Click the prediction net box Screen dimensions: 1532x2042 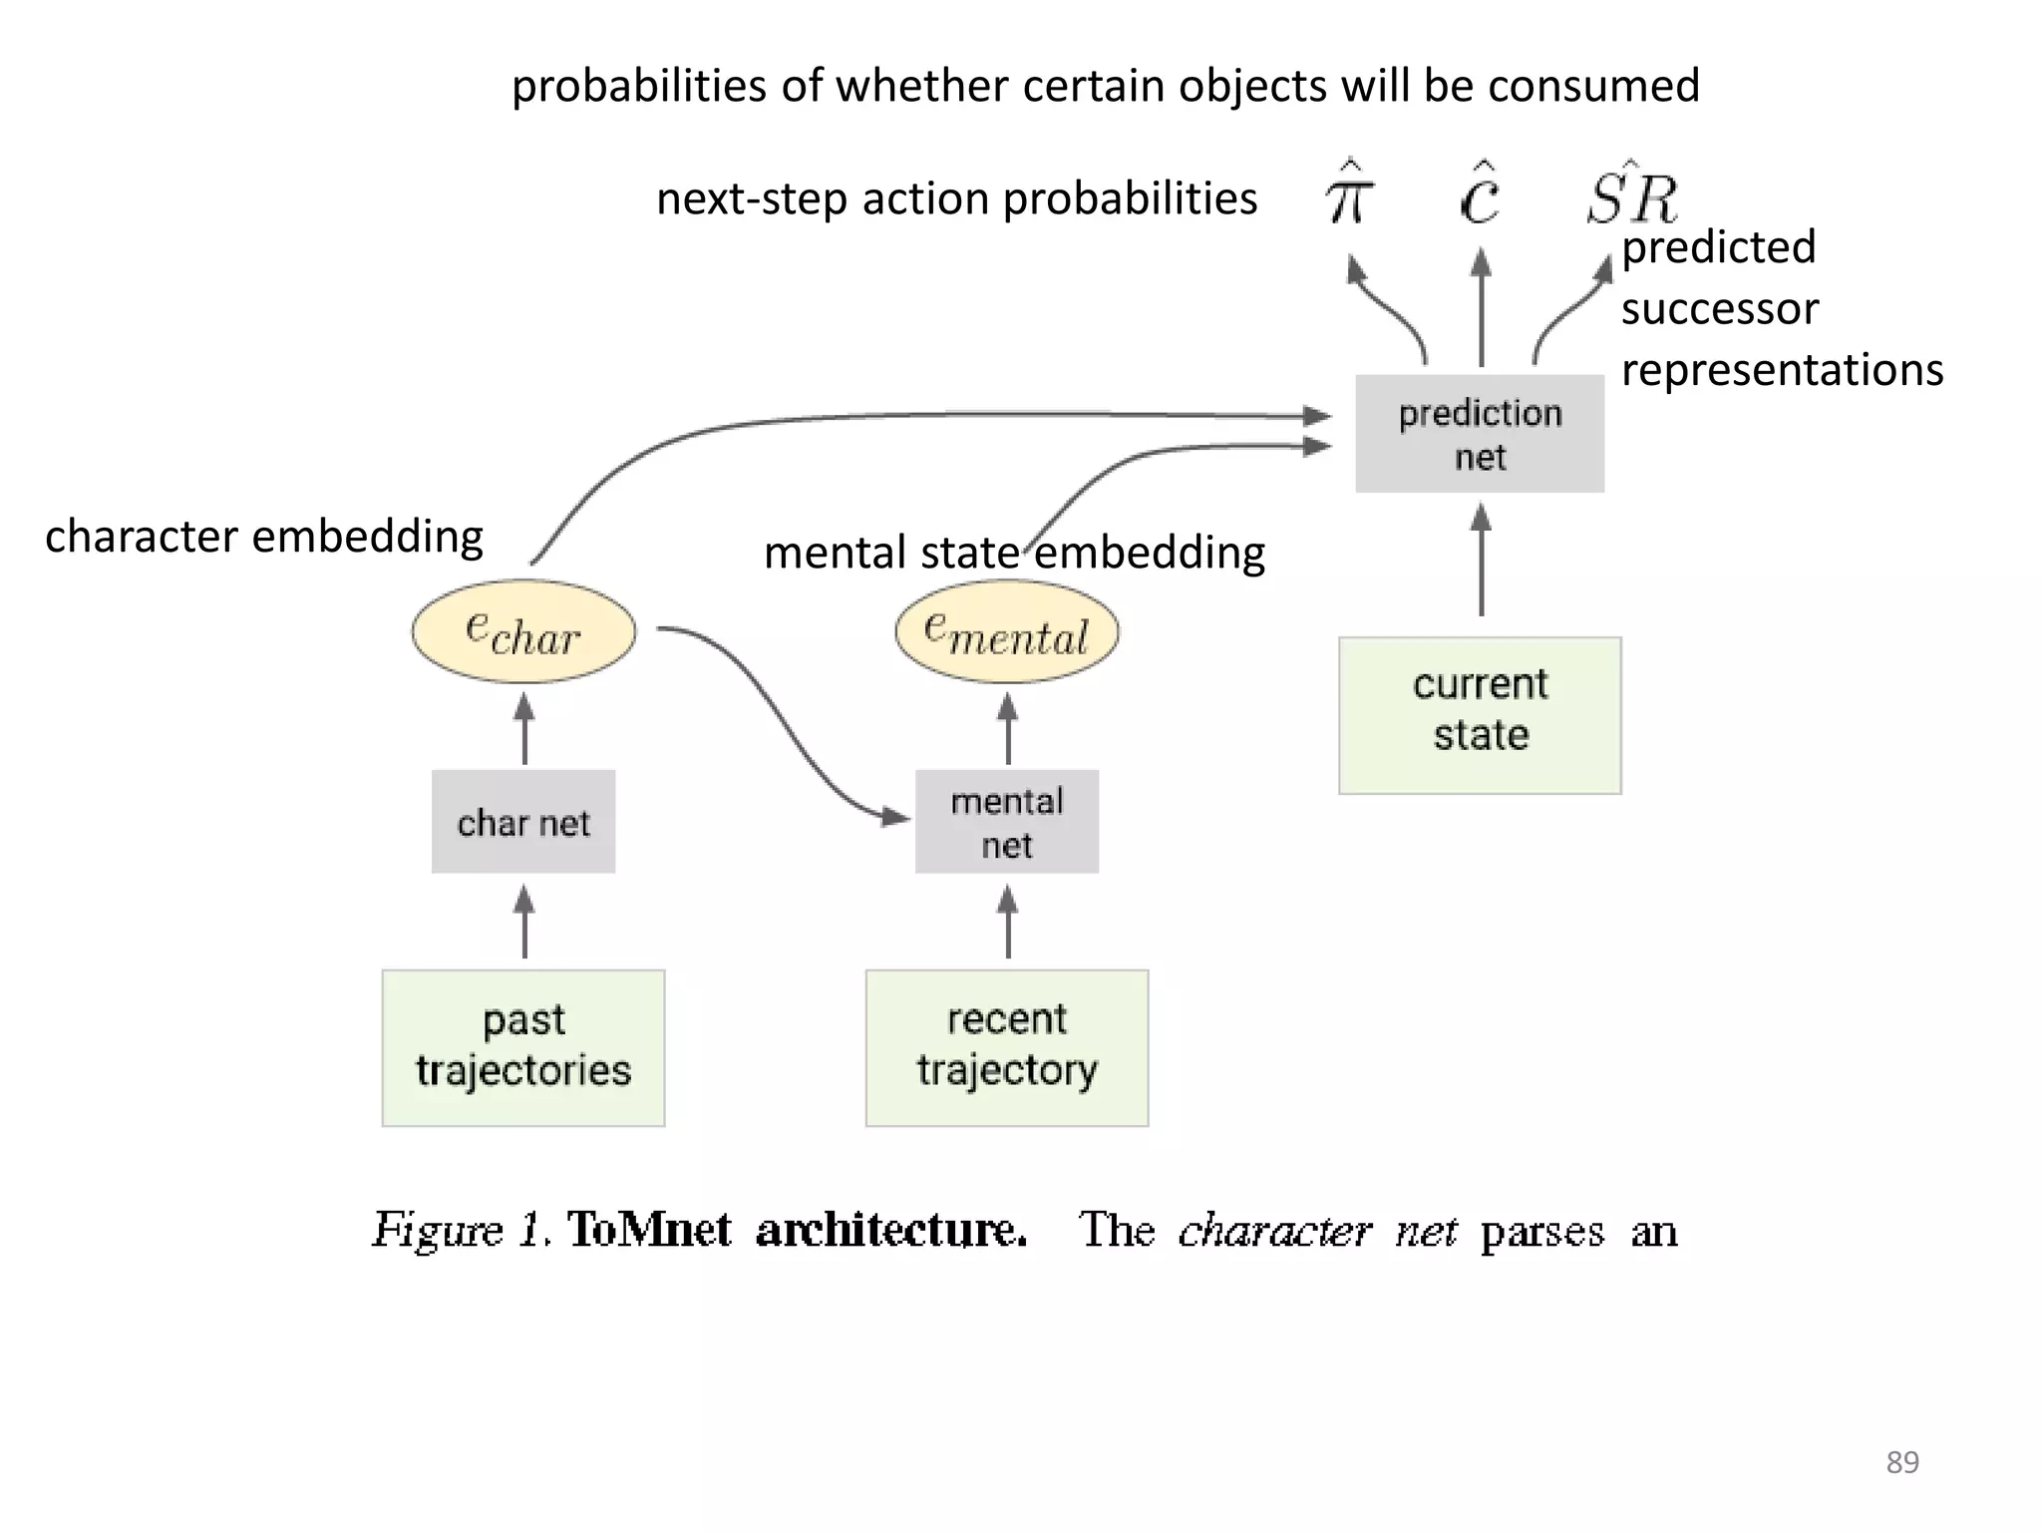click(1480, 434)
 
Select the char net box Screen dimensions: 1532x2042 click(523, 822)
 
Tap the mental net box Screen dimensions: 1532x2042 click(1007, 822)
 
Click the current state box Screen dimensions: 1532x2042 click(1480, 715)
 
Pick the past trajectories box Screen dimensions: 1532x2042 click(523, 1047)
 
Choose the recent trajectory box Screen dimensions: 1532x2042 click(1007, 1047)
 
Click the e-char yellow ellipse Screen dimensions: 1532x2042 click(523, 631)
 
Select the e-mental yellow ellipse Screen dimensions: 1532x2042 click(1007, 631)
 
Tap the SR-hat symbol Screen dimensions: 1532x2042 click(1632, 195)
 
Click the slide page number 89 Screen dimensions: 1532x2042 click(1901, 1462)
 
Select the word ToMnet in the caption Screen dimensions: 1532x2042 click(649, 1230)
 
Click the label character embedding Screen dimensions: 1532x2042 click(264, 537)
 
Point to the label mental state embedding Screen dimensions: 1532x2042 click(1014, 553)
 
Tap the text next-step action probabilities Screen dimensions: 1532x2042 click(956, 198)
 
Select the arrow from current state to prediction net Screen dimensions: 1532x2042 click(1481, 562)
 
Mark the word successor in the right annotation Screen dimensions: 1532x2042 click(1720, 309)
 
